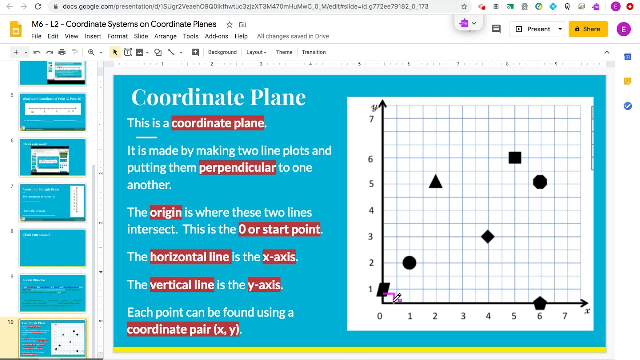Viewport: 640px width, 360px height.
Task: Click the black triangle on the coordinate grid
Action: (435, 182)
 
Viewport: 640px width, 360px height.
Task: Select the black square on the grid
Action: (515, 158)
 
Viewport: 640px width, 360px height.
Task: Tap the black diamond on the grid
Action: (488, 237)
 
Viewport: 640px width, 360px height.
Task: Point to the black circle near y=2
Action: (409, 263)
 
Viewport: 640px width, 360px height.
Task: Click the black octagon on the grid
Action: (540, 182)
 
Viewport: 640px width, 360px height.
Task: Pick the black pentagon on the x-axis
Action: (540, 303)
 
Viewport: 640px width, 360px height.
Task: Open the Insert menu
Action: (93, 36)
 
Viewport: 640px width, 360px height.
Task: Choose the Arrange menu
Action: (165, 36)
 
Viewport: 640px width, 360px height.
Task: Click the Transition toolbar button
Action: (314, 52)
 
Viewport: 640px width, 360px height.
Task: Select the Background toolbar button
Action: (222, 52)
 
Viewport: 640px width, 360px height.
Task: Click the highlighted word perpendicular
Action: (237, 168)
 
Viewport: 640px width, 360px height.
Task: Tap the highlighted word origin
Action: (166, 212)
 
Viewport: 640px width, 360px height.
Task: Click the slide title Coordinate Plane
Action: (218, 97)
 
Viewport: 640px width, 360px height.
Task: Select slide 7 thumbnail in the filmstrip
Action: (53, 202)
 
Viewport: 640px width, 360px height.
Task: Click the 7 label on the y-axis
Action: (371, 119)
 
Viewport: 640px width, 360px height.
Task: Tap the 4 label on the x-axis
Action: (488, 316)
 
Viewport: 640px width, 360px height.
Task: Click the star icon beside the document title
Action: (229, 25)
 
